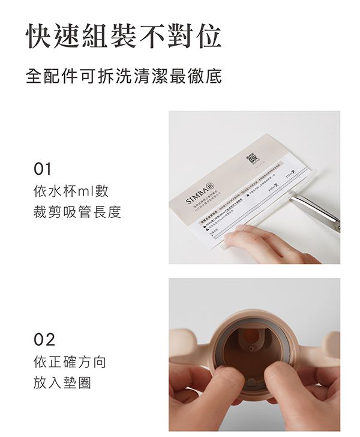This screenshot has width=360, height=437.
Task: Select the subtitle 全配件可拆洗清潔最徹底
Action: coord(124,77)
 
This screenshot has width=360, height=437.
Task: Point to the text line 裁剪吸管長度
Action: coord(77,212)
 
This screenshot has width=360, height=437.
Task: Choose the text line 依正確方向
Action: coord(70,362)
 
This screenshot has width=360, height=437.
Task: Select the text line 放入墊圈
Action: coord(63,383)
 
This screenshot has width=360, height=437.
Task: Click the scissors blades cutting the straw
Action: coord(312,206)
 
